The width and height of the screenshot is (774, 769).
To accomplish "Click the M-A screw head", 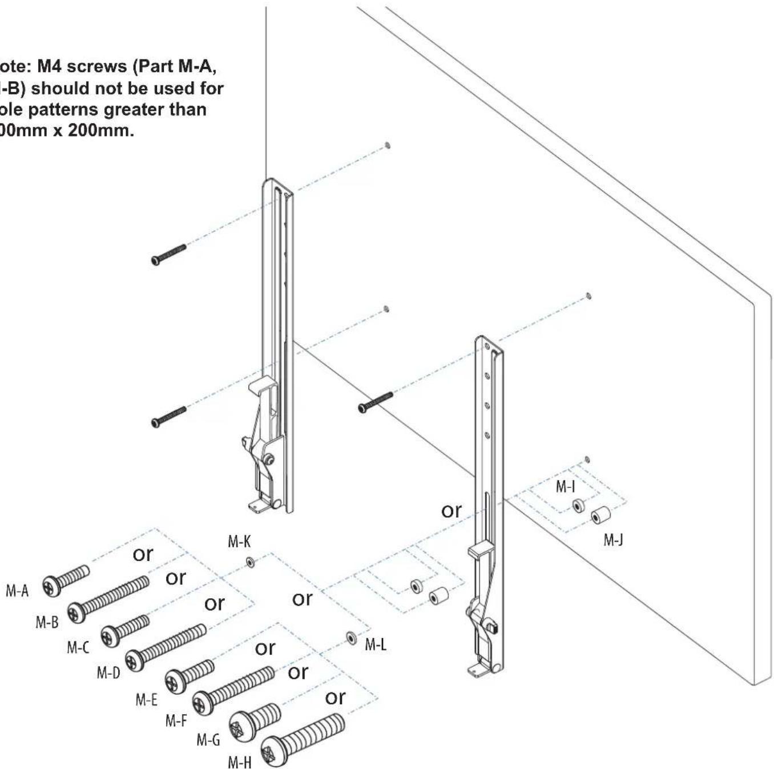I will coord(51,586).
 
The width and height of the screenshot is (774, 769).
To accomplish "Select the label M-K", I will coord(239,542).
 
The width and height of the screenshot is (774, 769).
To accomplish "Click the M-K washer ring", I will coord(250,563).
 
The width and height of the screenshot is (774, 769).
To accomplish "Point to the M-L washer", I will coord(351,637).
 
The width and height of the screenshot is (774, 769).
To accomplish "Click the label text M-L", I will coord(376,645).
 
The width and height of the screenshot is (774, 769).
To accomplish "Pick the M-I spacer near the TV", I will coord(578,506).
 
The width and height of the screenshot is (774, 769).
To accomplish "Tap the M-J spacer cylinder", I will coord(600,515).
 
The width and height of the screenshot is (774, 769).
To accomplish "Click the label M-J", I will coord(613,540).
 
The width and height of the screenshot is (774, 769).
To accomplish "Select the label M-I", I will coord(565,487).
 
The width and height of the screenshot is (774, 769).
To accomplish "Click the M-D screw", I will coord(166,647).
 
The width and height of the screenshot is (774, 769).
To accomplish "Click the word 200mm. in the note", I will coord(100,130).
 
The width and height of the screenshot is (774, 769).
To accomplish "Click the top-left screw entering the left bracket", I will coord(168,254).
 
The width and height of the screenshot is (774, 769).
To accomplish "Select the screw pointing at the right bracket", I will coord(375,402).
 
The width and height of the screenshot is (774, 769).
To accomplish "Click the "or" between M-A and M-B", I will coord(143,554).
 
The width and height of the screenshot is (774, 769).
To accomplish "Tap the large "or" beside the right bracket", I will coord(451,510).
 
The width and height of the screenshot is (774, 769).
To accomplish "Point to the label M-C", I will coord(78,647).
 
